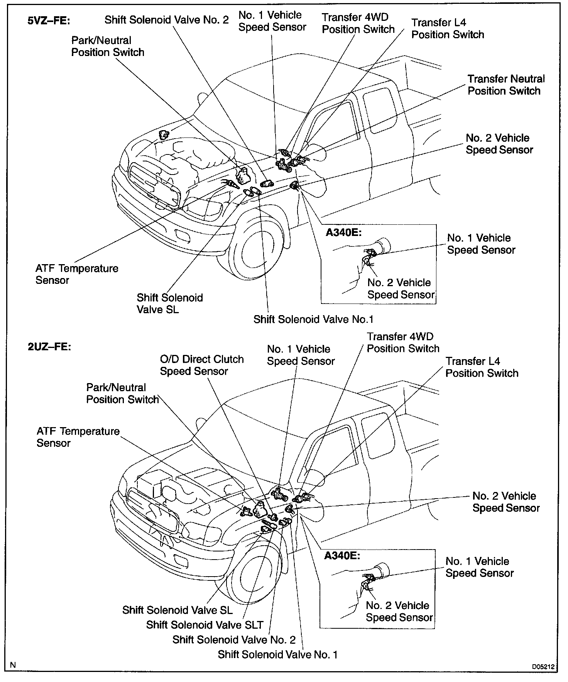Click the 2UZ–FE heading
coord(49,346)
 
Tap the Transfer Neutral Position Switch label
coord(506,85)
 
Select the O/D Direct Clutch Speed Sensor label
coord(201,365)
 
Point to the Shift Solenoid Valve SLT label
coord(205,624)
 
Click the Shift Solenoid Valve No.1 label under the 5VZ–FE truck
coord(313,319)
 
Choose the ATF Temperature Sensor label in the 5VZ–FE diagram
coord(77,274)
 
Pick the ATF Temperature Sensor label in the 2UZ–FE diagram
coord(78,437)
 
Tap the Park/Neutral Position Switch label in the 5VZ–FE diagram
coord(108,46)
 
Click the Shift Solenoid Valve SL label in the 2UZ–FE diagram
coord(177,610)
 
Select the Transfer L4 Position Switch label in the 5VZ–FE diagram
coord(447,29)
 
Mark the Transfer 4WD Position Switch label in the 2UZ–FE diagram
coord(403,343)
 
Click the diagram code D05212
coord(543,666)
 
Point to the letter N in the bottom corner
coord(13,665)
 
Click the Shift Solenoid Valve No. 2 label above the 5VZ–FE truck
coord(167,20)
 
